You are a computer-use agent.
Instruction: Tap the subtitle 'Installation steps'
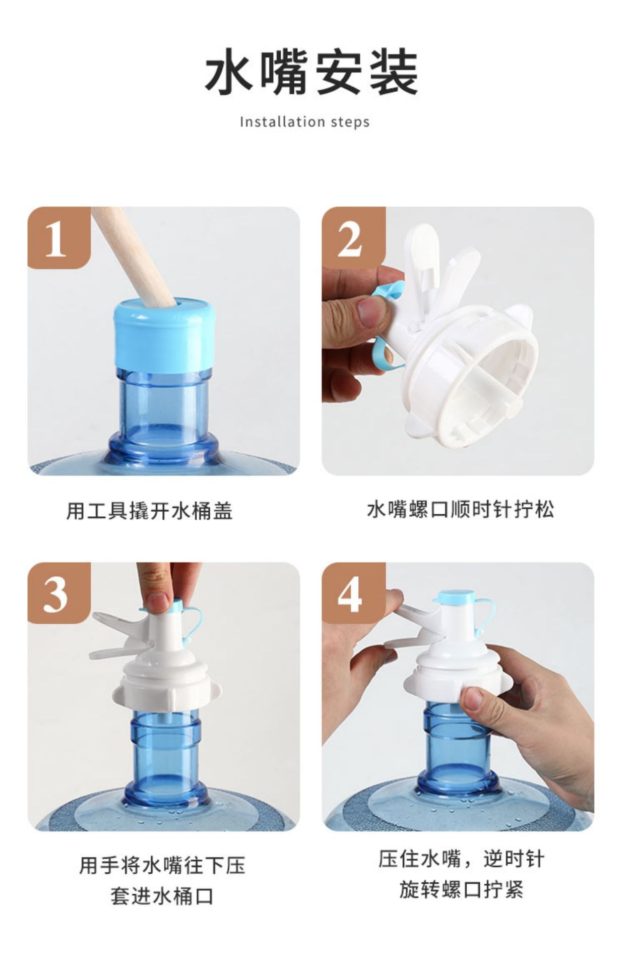pos(304,122)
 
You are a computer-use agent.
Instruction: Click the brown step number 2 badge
pos(353,237)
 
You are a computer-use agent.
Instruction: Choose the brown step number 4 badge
pos(353,593)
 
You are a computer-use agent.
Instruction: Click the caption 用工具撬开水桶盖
pos(149,511)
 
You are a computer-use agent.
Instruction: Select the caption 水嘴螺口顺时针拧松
pos(460,509)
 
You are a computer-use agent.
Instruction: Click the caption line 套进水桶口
pos(162,896)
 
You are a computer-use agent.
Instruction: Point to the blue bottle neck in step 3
pos(165,751)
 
